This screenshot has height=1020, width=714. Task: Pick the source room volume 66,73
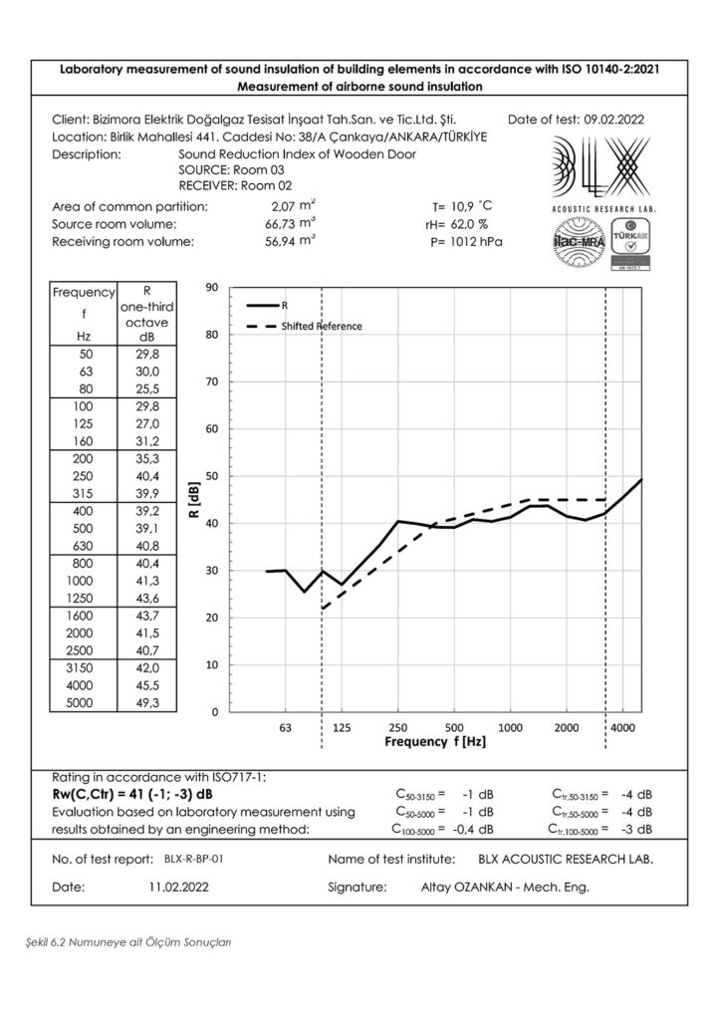pos(287,224)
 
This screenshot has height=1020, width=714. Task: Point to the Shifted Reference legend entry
pos(321,326)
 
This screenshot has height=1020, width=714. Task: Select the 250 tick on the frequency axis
pos(397,728)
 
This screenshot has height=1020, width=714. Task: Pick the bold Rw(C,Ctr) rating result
pos(145,794)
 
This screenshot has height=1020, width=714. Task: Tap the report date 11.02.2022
pos(179,886)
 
